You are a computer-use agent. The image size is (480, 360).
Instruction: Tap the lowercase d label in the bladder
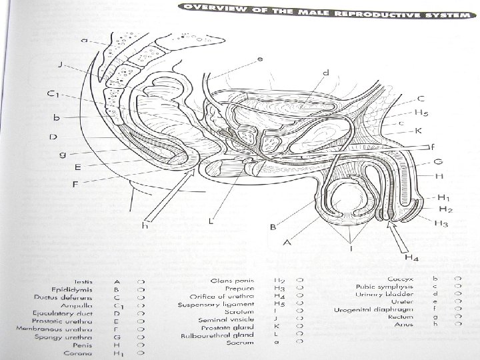tap(325, 73)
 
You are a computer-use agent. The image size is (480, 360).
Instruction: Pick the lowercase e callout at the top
tap(261, 59)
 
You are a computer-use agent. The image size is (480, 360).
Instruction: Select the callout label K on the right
tap(419, 131)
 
